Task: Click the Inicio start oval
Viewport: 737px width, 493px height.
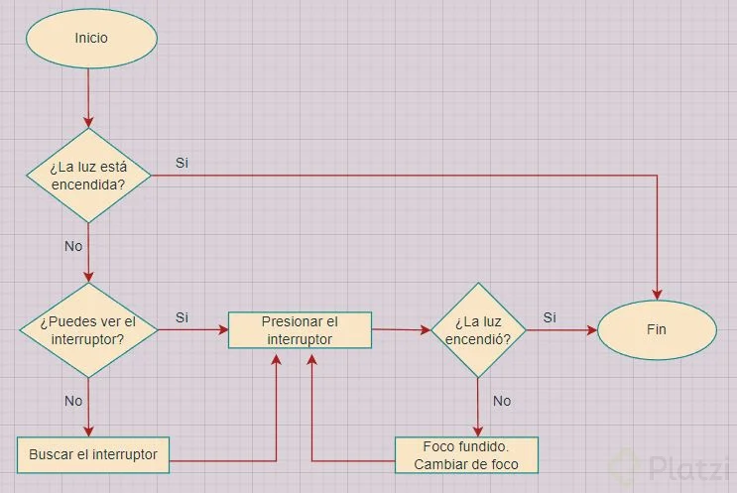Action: pos(90,38)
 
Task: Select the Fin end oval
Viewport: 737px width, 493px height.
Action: pos(656,329)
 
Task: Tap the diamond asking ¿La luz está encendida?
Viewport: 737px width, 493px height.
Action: pos(89,175)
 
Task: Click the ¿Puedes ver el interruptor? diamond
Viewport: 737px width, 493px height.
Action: pos(89,329)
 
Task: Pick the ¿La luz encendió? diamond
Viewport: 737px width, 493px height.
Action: pos(478,330)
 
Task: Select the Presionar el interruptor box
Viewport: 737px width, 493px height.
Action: pos(300,329)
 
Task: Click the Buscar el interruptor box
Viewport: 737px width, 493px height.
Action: pos(93,454)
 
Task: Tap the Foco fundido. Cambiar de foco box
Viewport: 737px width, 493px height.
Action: pos(466,455)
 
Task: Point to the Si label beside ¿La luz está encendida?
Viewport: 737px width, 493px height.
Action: pos(182,162)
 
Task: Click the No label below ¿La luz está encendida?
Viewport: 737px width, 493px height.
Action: pos(73,245)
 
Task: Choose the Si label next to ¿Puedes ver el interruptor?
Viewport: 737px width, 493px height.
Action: pos(182,317)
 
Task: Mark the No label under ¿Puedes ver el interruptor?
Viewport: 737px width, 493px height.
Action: pos(73,402)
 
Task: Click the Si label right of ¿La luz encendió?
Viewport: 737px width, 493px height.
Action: pos(549,317)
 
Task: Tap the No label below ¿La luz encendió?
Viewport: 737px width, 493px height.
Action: pos(502,401)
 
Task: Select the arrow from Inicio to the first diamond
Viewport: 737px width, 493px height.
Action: pos(89,94)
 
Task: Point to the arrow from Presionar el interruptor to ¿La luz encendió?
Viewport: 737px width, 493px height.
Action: pos(399,329)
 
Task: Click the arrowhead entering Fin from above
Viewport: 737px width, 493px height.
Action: pos(657,294)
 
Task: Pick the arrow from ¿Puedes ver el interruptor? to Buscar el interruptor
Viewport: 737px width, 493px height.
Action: pos(89,407)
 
